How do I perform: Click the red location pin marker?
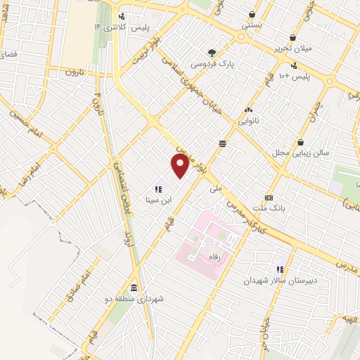point(181,165)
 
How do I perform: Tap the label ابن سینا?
point(158,199)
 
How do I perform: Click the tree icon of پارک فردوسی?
point(212,52)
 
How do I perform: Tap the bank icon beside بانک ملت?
point(268,198)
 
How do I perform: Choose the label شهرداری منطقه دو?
point(141,299)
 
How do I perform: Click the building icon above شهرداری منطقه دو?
point(134,288)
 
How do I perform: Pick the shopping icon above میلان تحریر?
point(292,37)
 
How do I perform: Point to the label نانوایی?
point(248,121)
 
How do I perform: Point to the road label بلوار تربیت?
point(147,52)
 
